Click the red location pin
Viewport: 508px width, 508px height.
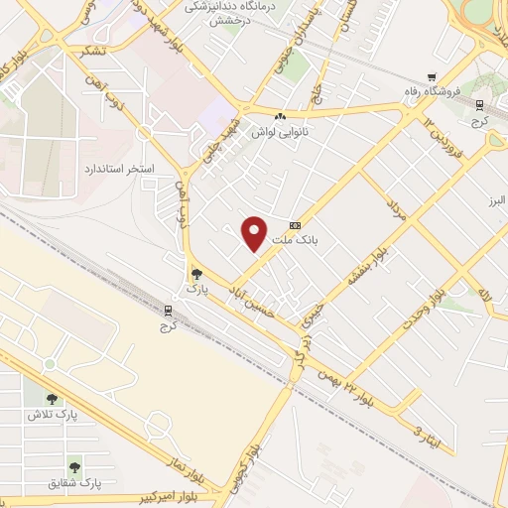255,232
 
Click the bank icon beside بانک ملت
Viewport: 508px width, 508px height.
294,225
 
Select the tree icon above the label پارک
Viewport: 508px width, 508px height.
195,273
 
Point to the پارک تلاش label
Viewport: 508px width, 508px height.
80,412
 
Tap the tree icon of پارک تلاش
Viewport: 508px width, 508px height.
51,398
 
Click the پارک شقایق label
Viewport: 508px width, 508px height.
77,482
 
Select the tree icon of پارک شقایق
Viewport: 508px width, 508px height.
74,465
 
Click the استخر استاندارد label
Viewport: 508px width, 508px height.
118,170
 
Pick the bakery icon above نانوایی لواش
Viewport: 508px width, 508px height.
280,116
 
